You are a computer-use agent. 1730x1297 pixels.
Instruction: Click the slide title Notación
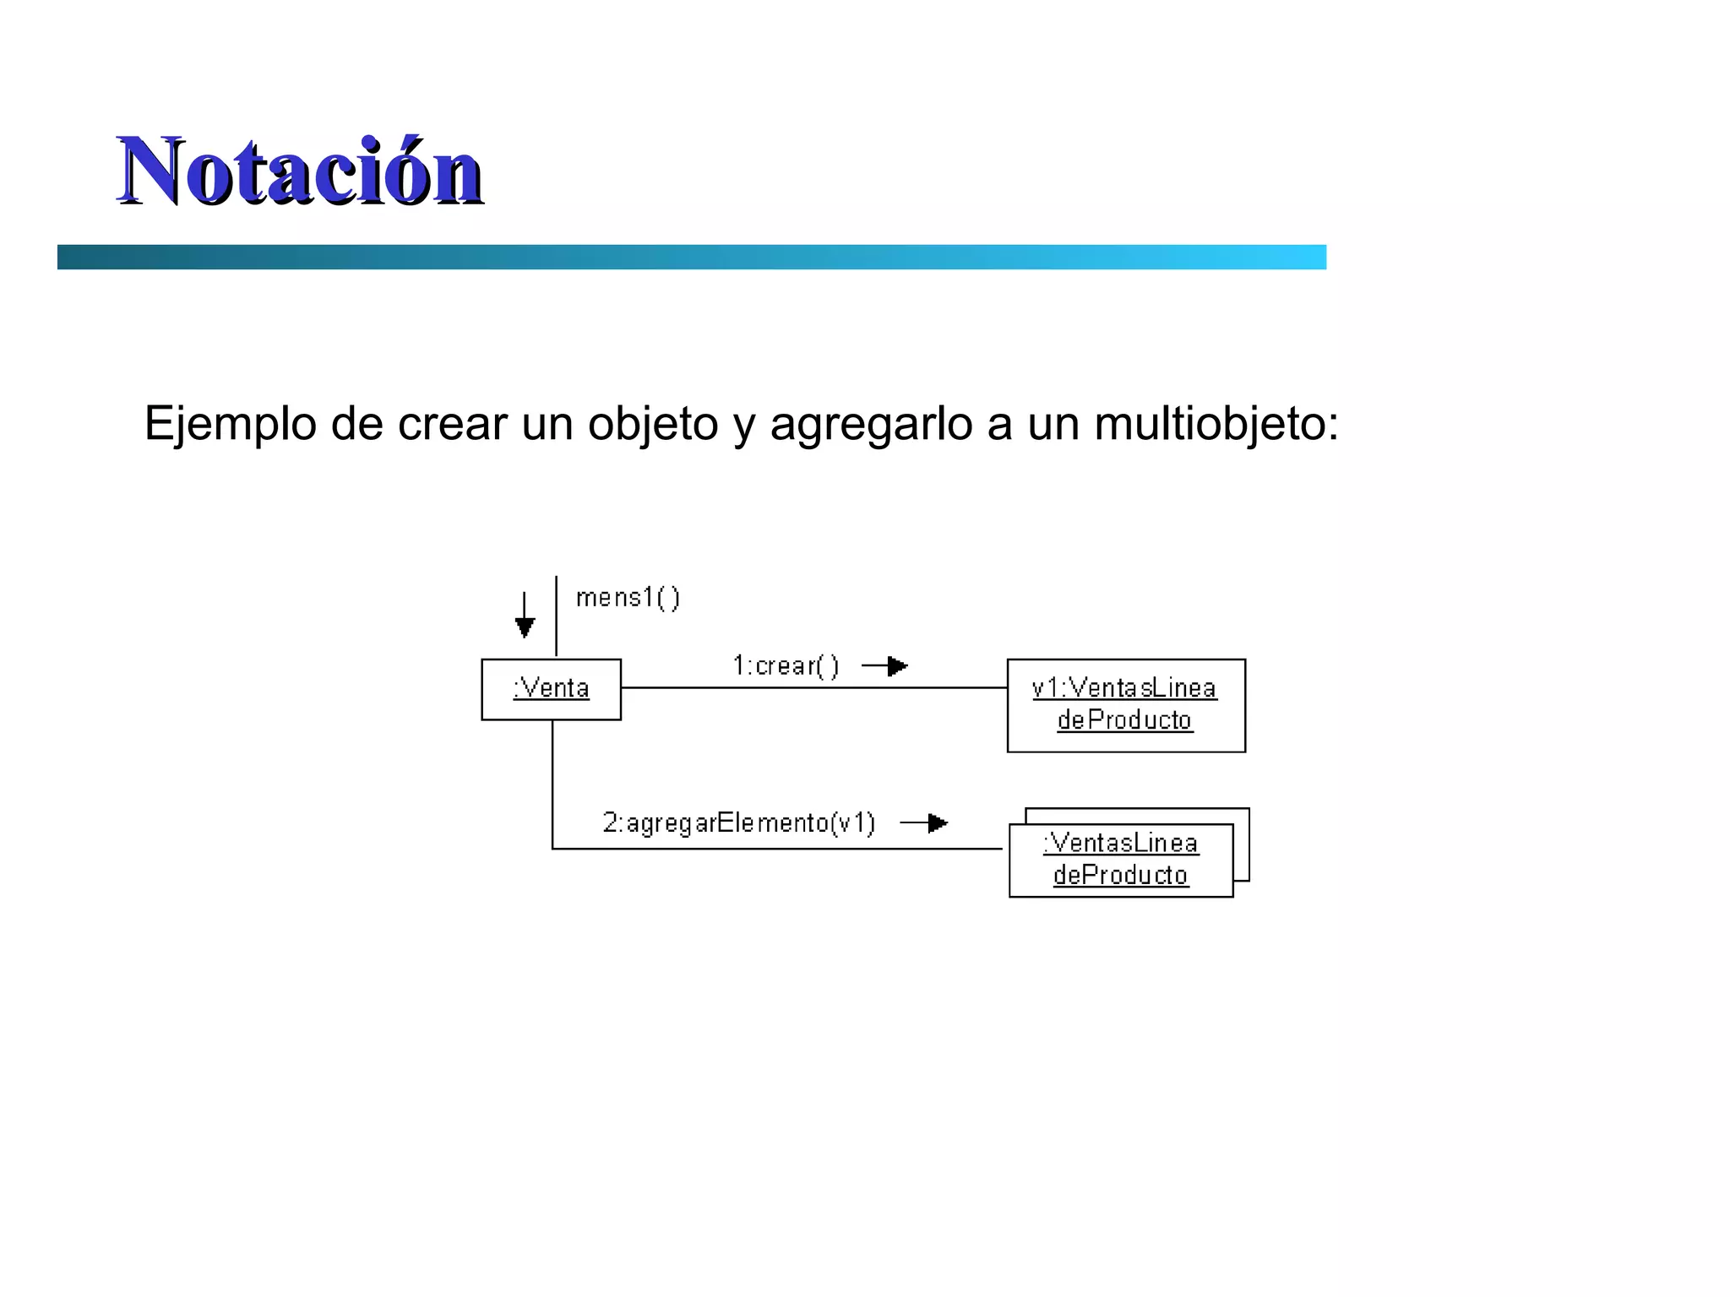300,171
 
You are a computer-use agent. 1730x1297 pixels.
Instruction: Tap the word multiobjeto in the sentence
1216,423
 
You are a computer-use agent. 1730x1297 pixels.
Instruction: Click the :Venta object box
551,689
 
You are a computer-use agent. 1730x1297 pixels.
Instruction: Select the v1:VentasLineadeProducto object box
1125,705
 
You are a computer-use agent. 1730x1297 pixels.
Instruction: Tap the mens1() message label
628,598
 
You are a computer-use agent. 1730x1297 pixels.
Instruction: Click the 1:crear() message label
786,666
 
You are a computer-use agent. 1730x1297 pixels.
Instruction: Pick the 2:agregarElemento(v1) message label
739,822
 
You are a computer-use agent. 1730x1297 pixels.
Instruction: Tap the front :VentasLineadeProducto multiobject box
1120,860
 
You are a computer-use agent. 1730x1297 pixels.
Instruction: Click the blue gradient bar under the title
691,257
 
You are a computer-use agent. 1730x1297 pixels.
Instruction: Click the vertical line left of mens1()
556,616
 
